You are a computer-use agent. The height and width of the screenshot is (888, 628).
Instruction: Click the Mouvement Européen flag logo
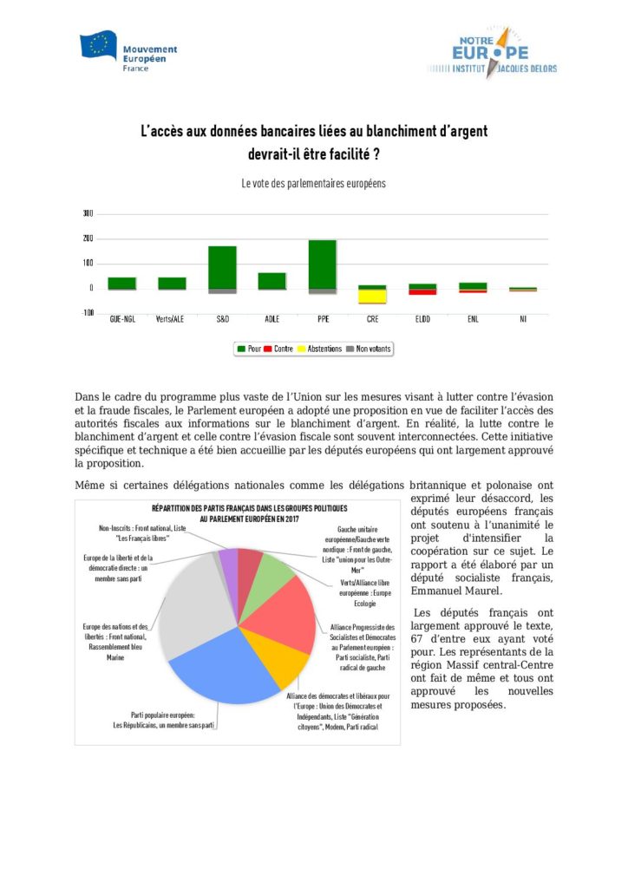98,45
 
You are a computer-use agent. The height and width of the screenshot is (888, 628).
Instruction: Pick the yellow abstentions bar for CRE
373,297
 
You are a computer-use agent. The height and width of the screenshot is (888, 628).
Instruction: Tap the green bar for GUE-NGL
121,283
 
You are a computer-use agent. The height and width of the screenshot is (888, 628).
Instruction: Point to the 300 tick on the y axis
88,213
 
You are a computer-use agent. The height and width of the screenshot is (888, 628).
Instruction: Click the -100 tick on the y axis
88,313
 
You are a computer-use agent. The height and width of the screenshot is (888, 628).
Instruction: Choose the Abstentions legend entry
318,349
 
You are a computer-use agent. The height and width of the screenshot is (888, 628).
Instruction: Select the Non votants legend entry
368,349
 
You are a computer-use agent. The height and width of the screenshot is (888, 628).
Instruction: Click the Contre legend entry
278,349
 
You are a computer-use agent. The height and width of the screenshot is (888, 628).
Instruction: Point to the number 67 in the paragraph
417,639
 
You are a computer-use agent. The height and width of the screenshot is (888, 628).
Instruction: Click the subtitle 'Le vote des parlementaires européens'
313,184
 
